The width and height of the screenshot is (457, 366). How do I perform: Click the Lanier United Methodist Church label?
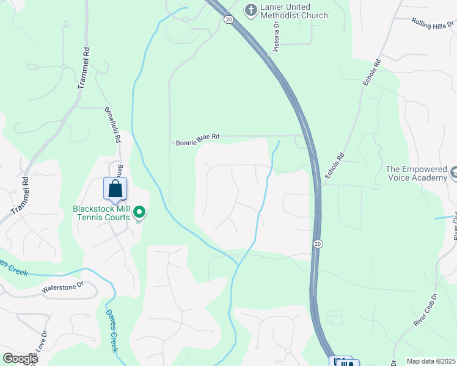click(294, 11)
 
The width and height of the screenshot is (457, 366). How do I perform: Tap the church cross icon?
click(250, 9)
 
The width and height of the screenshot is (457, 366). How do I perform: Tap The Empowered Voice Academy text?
click(416, 173)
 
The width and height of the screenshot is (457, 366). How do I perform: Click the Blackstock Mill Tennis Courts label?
click(101, 212)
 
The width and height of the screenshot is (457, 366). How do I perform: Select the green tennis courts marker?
click(139, 212)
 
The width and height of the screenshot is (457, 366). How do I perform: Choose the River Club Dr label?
click(426, 310)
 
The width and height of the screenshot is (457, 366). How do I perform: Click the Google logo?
click(20, 359)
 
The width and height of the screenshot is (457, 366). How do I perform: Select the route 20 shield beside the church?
click(228, 20)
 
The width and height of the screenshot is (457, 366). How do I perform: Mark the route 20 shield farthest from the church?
click(318, 244)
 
